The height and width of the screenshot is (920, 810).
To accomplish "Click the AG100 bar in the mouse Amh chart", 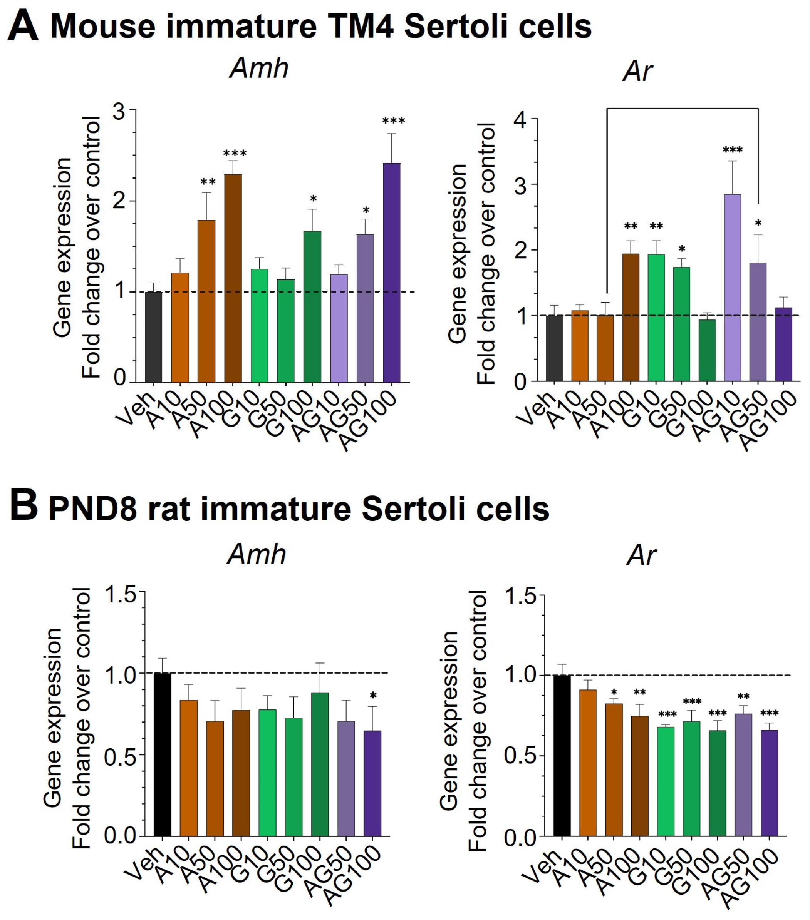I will pos(391,273).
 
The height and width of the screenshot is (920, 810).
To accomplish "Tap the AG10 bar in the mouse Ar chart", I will pos(732,288).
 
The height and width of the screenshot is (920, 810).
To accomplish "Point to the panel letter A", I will pos(22,27).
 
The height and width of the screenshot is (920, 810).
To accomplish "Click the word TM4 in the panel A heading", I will pos(360,27).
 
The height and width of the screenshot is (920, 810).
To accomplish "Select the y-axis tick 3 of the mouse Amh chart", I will pos(119,111).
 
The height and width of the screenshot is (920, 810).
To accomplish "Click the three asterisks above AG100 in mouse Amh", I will pos(394,120).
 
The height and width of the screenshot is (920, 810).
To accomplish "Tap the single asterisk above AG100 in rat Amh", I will pos(373,696).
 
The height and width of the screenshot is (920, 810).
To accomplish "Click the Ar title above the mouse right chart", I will pos(637,71).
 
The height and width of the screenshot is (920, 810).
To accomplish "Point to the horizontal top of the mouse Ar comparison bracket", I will pos(682,108).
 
